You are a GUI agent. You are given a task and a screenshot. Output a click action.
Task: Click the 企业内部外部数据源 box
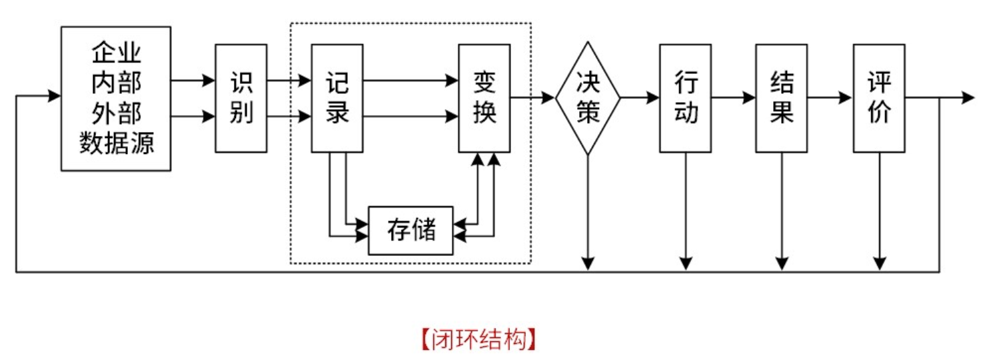click(x=115, y=98)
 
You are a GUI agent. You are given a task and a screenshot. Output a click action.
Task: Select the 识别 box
click(x=241, y=98)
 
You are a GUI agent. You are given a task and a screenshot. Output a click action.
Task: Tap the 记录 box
click(x=337, y=98)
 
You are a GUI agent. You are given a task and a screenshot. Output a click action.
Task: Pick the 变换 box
click(x=485, y=98)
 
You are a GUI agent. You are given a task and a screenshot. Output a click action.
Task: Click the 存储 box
click(x=411, y=231)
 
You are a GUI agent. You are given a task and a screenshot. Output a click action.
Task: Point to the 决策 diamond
click(x=588, y=98)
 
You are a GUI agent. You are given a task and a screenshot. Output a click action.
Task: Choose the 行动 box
click(x=686, y=98)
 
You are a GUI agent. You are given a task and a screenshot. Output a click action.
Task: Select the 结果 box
click(x=782, y=98)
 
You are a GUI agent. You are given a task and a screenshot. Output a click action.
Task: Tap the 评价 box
click(x=879, y=98)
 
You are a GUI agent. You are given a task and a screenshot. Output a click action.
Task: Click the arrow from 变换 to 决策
click(x=533, y=98)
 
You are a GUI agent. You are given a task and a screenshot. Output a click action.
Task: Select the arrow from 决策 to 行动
click(x=640, y=98)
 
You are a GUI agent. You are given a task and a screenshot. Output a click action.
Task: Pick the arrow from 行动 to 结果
click(x=734, y=98)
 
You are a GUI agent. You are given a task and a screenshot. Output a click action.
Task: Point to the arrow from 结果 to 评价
click(x=830, y=98)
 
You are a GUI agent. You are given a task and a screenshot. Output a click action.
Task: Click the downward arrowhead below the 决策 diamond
click(x=588, y=263)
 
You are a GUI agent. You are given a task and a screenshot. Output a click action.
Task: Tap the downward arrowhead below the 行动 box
click(x=686, y=263)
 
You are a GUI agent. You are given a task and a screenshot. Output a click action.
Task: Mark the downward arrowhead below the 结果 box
click(x=782, y=263)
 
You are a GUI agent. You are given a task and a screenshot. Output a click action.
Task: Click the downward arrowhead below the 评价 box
click(x=880, y=263)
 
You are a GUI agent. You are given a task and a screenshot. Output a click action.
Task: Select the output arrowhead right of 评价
click(x=968, y=98)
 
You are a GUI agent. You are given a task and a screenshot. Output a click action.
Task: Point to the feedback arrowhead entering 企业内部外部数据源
click(x=55, y=96)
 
